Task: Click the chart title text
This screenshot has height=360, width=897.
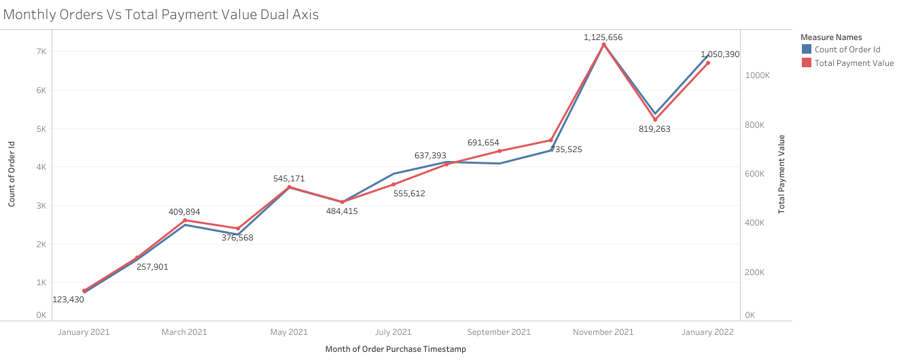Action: click(x=161, y=14)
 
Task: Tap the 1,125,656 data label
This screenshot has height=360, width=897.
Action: click(x=603, y=37)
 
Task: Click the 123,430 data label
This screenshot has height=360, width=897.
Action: click(x=68, y=300)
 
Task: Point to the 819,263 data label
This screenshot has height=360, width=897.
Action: click(x=654, y=128)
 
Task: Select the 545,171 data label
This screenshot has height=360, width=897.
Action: click(x=289, y=179)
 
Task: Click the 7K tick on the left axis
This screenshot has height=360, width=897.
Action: click(x=41, y=52)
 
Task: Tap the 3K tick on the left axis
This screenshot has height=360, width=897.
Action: click(x=41, y=206)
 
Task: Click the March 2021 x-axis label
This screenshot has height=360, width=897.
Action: click(x=184, y=332)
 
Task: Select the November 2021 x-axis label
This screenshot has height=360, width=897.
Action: click(x=603, y=332)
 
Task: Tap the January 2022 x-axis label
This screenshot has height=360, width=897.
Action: click(x=707, y=332)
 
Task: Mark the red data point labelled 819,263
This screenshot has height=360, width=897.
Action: click(x=655, y=120)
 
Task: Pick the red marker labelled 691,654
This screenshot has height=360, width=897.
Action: click(x=499, y=151)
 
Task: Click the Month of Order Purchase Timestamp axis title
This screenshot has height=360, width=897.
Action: click(x=395, y=349)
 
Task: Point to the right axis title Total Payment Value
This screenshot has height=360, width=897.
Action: click(x=781, y=174)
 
